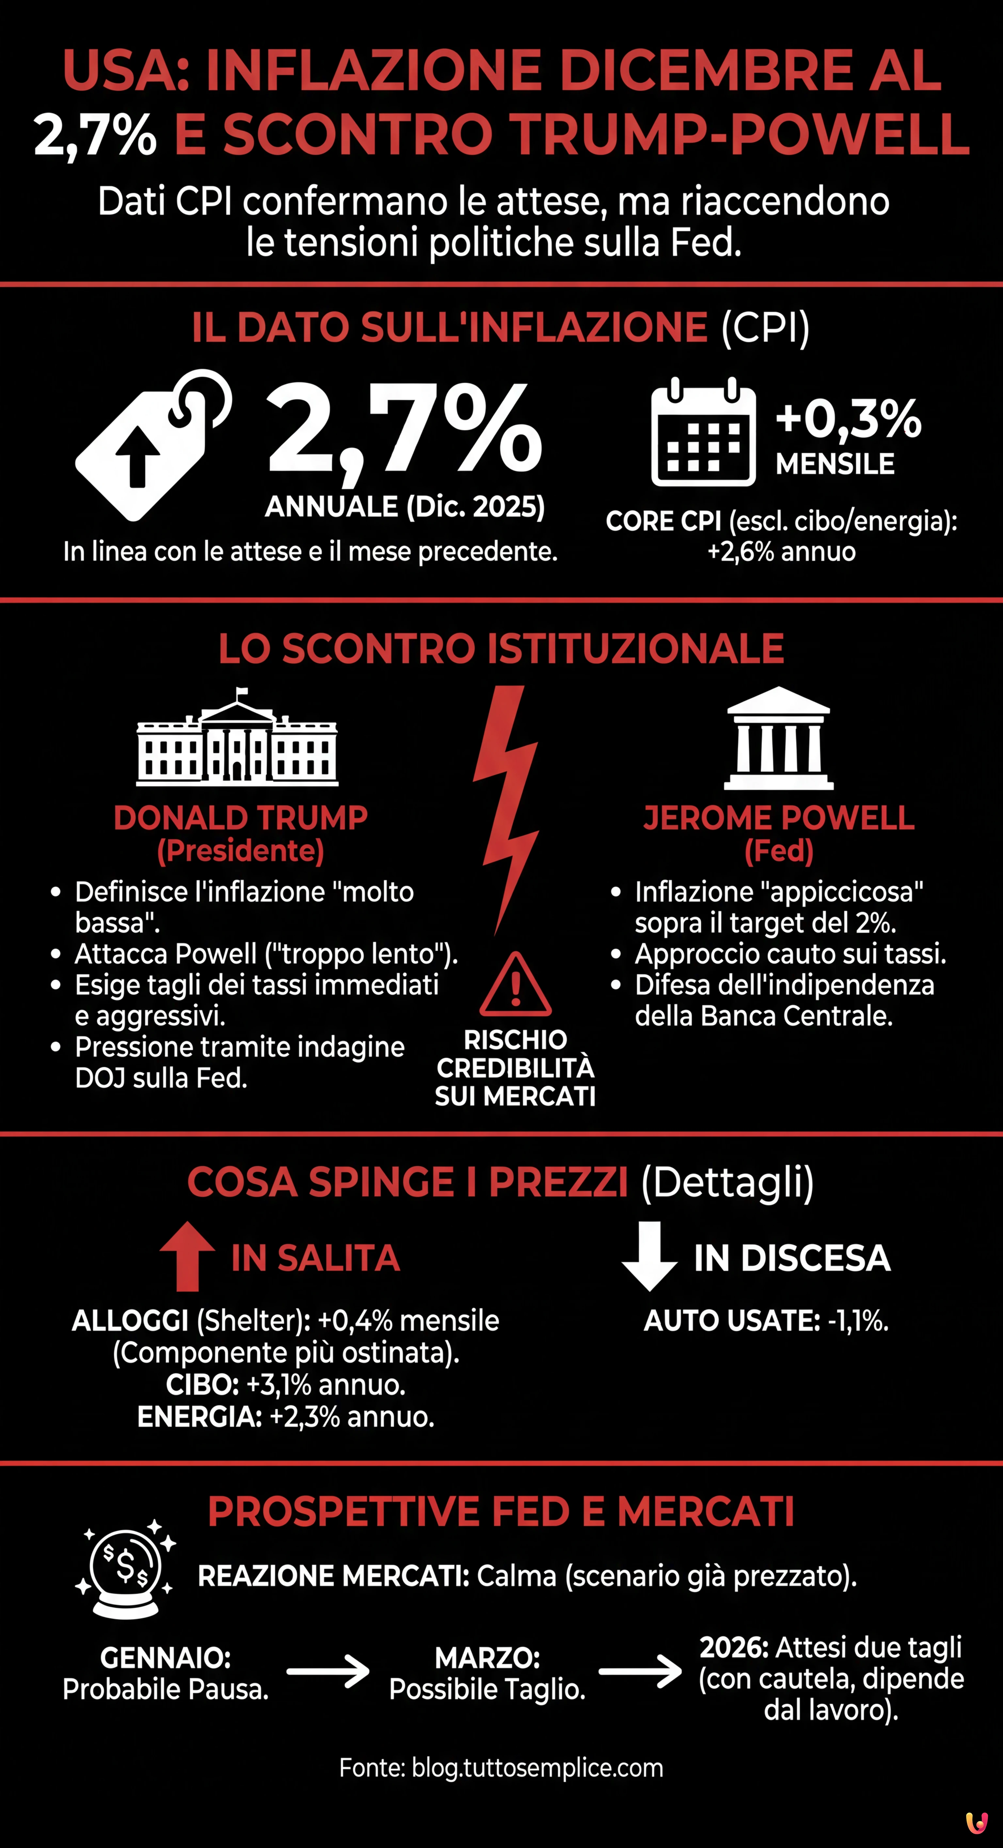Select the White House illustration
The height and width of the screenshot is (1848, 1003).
(x=237, y=739)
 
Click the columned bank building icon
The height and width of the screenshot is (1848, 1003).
(x=778, y=739)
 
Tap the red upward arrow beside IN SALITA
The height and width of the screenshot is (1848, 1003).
(x=187, y=1255)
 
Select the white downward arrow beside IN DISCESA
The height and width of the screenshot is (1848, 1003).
(x=649, y=1255)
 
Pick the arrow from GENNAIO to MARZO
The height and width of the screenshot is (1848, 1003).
(x=328, y=1671)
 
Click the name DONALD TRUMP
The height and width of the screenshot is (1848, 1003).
(x=240, y=818)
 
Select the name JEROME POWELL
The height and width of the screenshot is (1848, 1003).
(x=778, y=818)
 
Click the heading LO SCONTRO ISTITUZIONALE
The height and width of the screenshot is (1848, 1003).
(x=501, y=649)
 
